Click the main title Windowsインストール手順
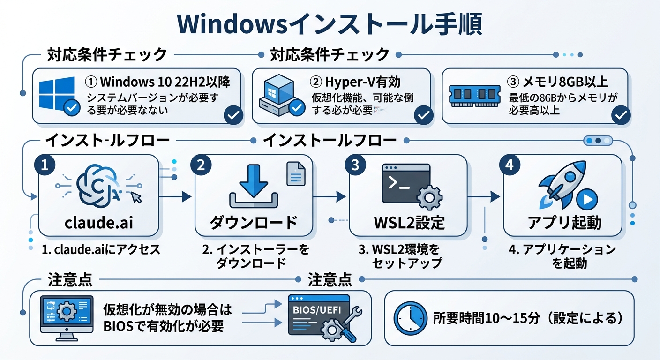tap(330, 24)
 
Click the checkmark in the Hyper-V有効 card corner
tap(423, 114)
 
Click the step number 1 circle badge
tap(45, 165)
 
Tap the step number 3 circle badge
tap(355, 165)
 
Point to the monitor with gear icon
tap(66, 317)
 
